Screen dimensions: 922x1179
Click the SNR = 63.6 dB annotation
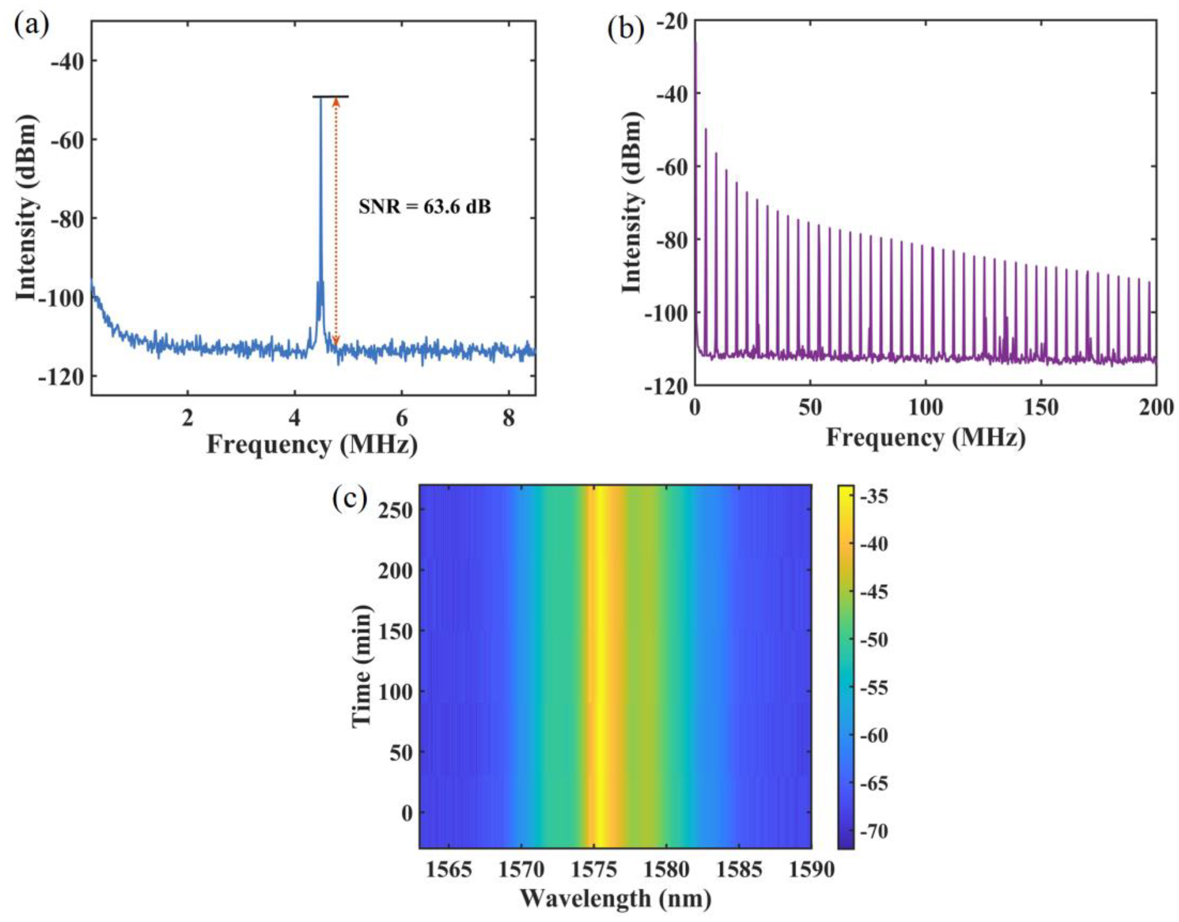[425, 207]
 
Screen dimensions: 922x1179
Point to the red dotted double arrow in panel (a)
[336, 221]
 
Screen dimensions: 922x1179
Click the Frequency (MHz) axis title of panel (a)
[312, 446]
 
